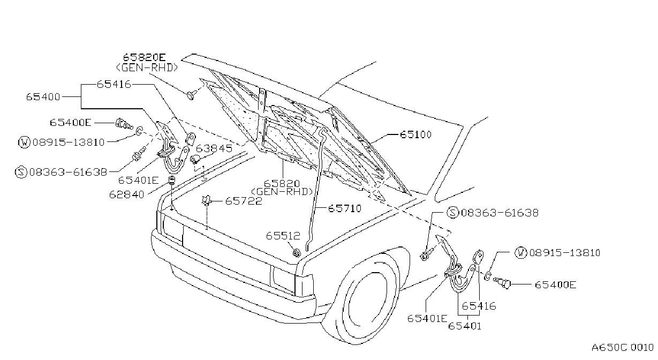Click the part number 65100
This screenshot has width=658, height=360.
(x=415, y=134)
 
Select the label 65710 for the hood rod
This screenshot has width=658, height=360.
(x=345, y=208)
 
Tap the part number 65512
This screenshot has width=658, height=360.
(x=283, y=236)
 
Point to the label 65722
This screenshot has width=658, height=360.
(x=244, y=201)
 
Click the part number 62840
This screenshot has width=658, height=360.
(x=126, y=194)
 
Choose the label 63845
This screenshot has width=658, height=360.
(x=214, y=148)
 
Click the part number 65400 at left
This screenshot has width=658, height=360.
(x=43, y=96)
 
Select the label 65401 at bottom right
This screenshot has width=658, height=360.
(x=465, y=326)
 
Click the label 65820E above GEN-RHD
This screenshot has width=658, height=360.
(x=144, y=57)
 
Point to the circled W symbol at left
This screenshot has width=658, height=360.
(x=24, y=142)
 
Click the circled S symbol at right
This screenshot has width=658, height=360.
(x=452, y=213)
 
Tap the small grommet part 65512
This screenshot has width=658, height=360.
(x=296, y=252)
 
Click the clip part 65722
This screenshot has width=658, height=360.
(x=206, y=200)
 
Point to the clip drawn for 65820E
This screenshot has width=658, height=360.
(x=191, y=95)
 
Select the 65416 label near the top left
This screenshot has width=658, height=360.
(x=114, y=84)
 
